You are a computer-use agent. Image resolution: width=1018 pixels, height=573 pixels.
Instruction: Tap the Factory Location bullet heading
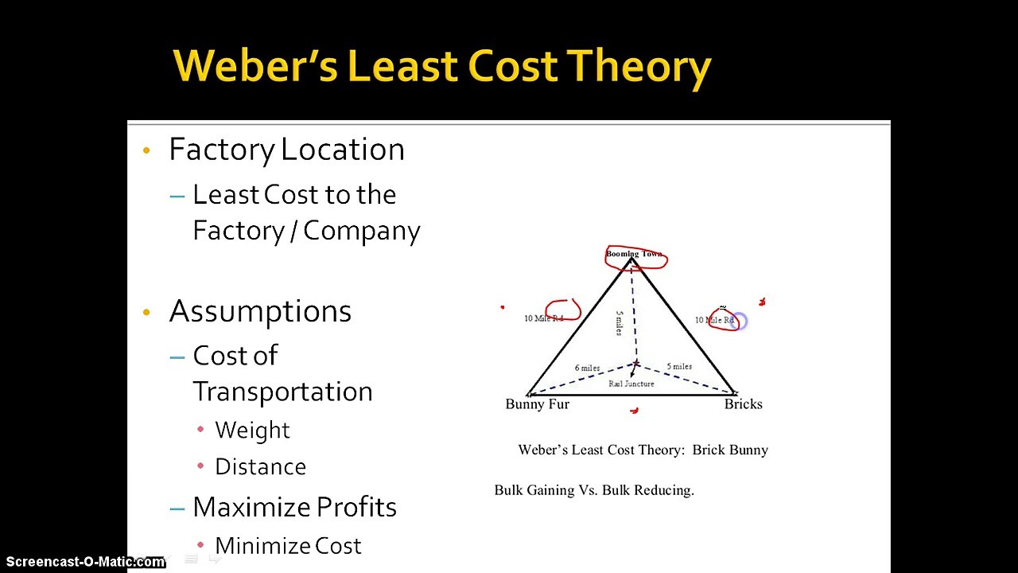[286, 150]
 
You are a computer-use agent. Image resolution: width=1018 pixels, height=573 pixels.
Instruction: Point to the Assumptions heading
[260, 311]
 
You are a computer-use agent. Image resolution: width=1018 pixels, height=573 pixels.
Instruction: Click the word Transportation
[282, 392]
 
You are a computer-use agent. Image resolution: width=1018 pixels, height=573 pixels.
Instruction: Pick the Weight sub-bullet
[252, 430]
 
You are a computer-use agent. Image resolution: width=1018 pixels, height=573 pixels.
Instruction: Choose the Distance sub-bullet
[260, 466]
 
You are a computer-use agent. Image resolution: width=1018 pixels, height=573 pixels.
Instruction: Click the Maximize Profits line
[294, 507]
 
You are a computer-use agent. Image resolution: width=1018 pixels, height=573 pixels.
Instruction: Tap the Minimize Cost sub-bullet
[288, 546]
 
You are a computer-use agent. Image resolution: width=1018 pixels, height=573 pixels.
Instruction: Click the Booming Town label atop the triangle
[634, 254]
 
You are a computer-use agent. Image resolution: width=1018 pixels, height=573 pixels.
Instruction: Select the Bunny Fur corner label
[537, 404]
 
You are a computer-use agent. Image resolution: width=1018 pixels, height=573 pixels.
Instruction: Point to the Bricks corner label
[743, 404]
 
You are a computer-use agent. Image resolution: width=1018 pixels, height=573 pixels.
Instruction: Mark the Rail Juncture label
[631, 384]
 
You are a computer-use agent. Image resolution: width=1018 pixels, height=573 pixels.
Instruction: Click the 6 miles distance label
[587, 368]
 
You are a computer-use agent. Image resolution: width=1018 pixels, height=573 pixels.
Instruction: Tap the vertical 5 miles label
[620, 323]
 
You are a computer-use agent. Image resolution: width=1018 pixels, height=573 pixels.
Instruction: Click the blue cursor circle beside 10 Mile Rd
[739, 322]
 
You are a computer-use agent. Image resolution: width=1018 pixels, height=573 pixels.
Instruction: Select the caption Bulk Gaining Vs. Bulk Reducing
[594, 490]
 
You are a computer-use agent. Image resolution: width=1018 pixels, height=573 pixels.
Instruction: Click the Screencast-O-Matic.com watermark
[84, 562]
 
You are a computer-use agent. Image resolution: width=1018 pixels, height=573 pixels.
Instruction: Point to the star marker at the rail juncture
[635, 364]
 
